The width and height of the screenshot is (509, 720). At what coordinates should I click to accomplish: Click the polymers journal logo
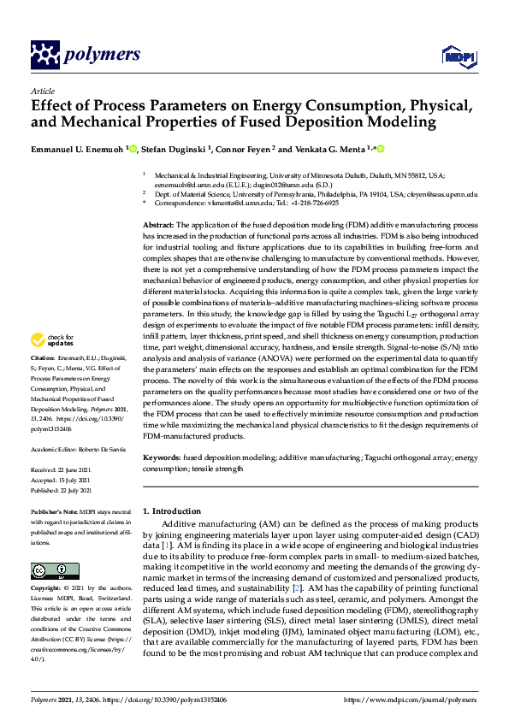pyautogui.click(x=85, y=55)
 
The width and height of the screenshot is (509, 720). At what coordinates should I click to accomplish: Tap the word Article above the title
pyautogui.click(x=42, y=91)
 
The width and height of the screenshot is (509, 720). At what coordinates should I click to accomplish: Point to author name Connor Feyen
pyautogui.click(x=252, y=150)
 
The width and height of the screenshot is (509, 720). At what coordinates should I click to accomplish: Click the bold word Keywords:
pyautogui.click(x=162, y=458)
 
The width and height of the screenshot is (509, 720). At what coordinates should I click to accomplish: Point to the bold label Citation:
pyautogui.click(x=43, y=381)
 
